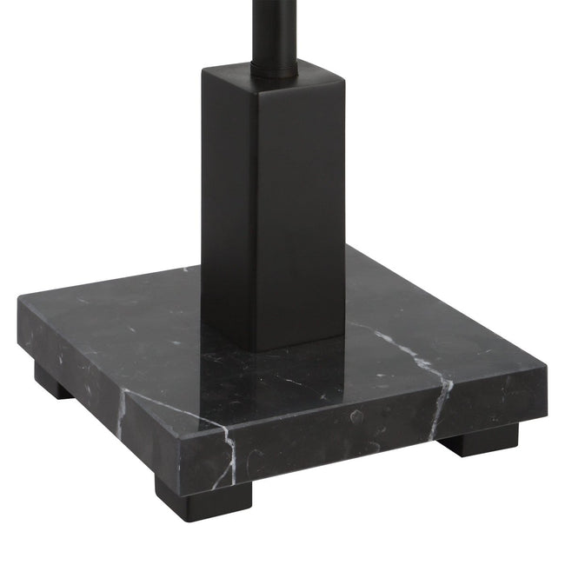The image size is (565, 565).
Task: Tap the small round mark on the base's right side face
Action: [x=354, y=416]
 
